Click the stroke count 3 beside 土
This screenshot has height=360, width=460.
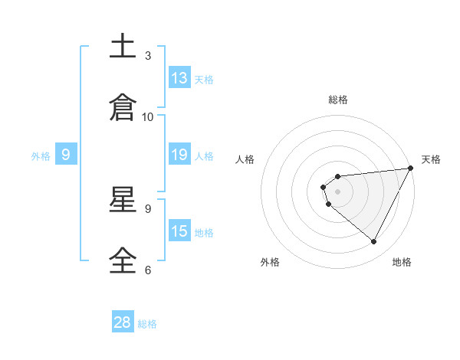point(148,55)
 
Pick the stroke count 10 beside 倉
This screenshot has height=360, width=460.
point(148,116)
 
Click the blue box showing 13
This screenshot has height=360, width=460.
point(179,78)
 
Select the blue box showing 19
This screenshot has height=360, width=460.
point(179,155)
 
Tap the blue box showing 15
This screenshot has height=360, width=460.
point(179,231)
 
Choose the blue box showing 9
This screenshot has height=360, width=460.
point(67,155)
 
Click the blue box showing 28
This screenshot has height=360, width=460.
point(123,322)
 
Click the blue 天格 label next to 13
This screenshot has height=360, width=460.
point(204,79)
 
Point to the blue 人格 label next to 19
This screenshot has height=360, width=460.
point(204,155)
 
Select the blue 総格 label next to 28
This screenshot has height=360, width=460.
point(147,323)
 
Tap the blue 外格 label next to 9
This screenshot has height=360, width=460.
point(41,155)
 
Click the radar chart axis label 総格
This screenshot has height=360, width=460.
point(338,100)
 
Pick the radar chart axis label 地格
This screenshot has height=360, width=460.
point(402,262)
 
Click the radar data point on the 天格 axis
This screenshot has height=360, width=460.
point(410,169)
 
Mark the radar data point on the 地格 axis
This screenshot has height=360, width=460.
point(374,242)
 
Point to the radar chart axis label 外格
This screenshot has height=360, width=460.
point(270,262)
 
